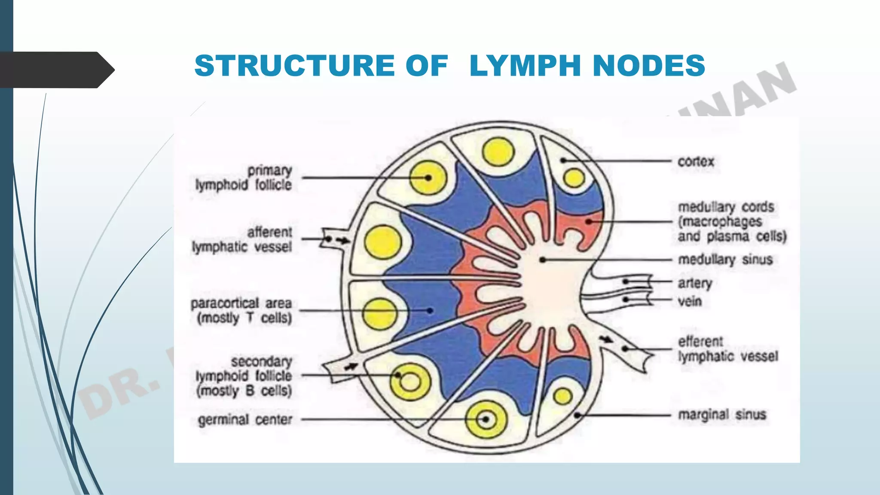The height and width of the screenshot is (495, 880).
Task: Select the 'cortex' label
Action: click(696, 162)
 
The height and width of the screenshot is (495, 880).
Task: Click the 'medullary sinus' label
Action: click(725, 260)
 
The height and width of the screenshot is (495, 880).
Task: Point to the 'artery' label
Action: click(695, 283)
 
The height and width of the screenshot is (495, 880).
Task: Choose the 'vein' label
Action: click(690, 301)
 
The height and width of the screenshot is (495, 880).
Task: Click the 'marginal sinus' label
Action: click(722, 415)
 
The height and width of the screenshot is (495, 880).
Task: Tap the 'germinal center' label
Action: click(245, 419)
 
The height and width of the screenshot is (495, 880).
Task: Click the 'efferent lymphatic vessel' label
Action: click(727, 348)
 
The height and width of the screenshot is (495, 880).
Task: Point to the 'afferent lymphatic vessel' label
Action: click(242, 239)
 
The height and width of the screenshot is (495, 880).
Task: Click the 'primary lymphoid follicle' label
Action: click(244, 177)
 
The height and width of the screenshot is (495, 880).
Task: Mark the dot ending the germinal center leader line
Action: click(486, 419)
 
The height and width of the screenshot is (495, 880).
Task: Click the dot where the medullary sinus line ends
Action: click(543, 260)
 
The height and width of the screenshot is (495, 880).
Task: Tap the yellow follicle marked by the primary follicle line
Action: click(428, 177)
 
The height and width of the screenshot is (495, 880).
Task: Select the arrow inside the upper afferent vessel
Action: click(342, 241)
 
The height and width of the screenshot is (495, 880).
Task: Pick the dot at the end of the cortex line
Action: click(562, 160)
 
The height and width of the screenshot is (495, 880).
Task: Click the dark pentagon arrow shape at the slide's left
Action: click(56, 70)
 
